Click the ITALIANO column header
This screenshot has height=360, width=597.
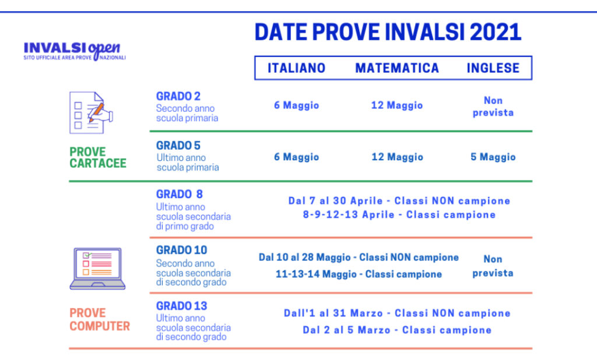[296, 68]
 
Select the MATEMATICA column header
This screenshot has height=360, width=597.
[397, 68]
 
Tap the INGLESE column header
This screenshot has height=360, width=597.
[493, 68]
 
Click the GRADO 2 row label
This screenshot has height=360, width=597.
[178, 97]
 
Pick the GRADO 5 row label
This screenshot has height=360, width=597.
[178, 146]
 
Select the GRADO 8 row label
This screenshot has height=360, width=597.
[180, 195]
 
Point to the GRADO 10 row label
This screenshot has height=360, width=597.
[181, 250]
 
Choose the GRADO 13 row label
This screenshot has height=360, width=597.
[181, 306]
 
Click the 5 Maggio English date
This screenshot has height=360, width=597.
[493, 157]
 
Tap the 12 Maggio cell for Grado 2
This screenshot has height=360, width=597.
[397, 105]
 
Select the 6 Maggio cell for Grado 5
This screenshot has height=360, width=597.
[297, 157]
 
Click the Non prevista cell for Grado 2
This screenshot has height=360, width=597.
[493, 107]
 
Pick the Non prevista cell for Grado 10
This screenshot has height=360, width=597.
[493, 266]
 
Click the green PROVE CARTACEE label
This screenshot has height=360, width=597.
[98, 158]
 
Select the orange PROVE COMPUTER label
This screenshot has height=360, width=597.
[100, 320]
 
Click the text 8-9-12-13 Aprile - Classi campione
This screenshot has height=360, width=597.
[399, 215]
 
